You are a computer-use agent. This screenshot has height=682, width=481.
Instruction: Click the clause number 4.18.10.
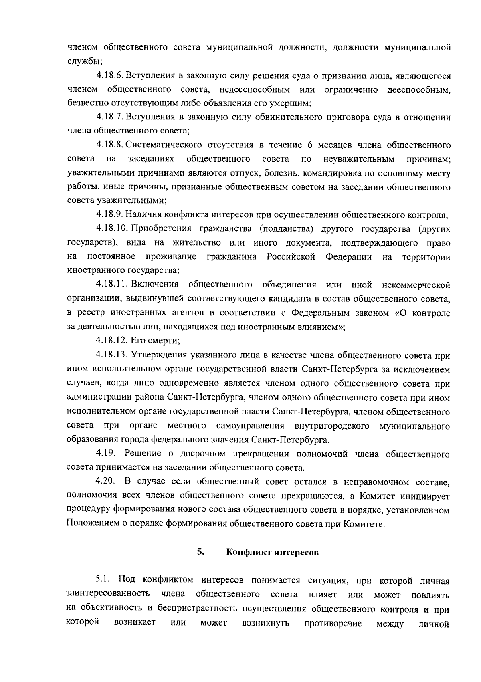[112, 229]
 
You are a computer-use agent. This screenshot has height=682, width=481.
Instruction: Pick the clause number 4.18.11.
[112, 285]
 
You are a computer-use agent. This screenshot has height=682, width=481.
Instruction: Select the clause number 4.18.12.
[112, 341]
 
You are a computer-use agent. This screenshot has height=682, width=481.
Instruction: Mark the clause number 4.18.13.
[112, 355]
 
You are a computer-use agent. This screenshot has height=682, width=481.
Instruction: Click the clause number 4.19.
[105, 453]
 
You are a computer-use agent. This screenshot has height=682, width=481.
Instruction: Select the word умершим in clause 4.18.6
[294, 103]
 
